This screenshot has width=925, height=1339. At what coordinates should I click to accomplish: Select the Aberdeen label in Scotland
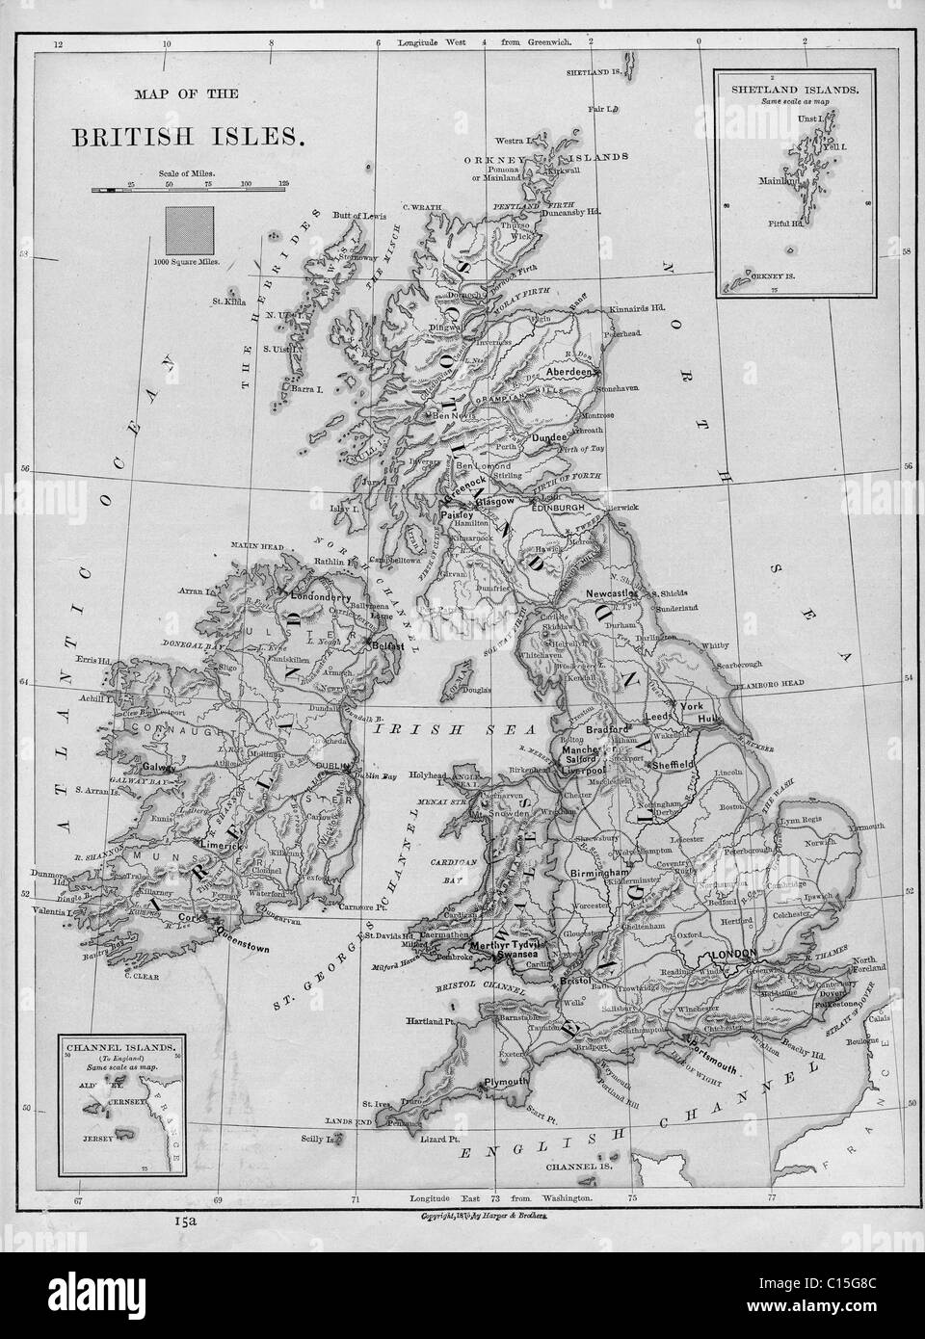(x=567, y=371)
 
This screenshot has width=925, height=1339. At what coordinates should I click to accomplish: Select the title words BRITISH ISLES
(x=188, y=135)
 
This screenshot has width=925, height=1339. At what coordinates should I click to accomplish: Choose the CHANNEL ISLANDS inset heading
(x=119, y=1043)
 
